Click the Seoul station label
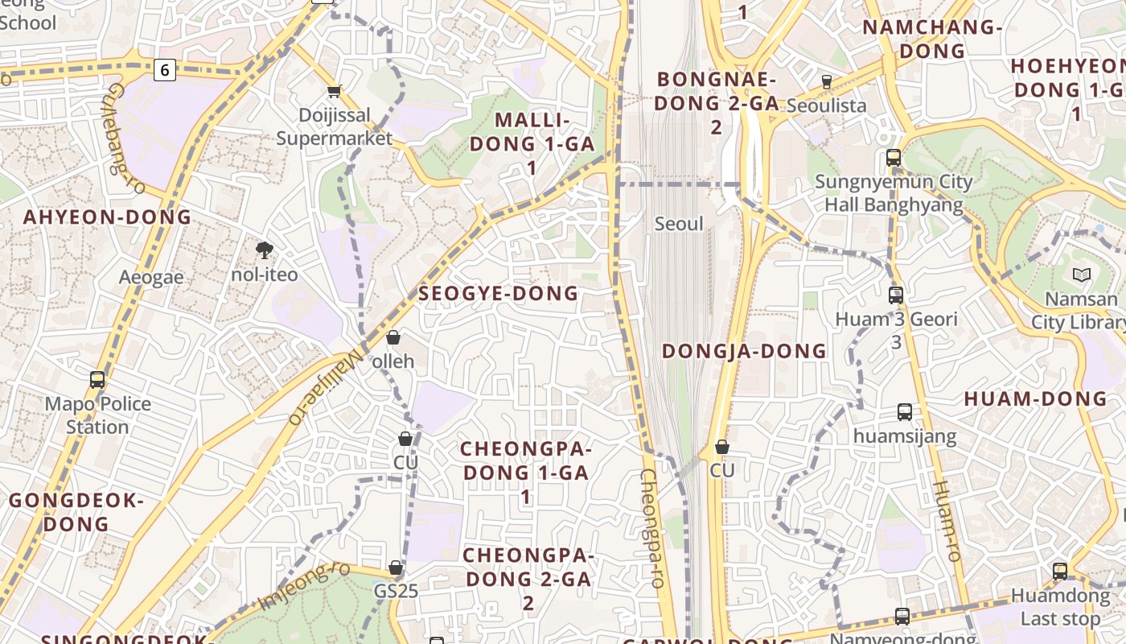(x=679, y=224)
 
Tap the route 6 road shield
(x=165, y=70)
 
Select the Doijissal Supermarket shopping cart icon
(x=334, y=91)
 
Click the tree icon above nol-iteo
(x=264, y=250)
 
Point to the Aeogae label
(x=151, y=278)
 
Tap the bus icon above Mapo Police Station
(x=97, y=379)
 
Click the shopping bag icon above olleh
(x=393, y=336)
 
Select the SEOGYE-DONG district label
(x=499, y=294)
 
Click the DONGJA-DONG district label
(x=744, y=351)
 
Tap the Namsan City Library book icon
(x=1082, y=275)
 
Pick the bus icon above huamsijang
(x=905, y=412)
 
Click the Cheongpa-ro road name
(x=652, y=528)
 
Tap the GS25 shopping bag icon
(x=396, y=568)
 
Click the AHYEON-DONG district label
(x=107, y=217)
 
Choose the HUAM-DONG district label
(x=1035, y=399)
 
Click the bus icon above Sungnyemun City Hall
(x=894, y=158)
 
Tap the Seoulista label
(x=826, y=105)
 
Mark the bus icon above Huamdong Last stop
(x=1060, y=572)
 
